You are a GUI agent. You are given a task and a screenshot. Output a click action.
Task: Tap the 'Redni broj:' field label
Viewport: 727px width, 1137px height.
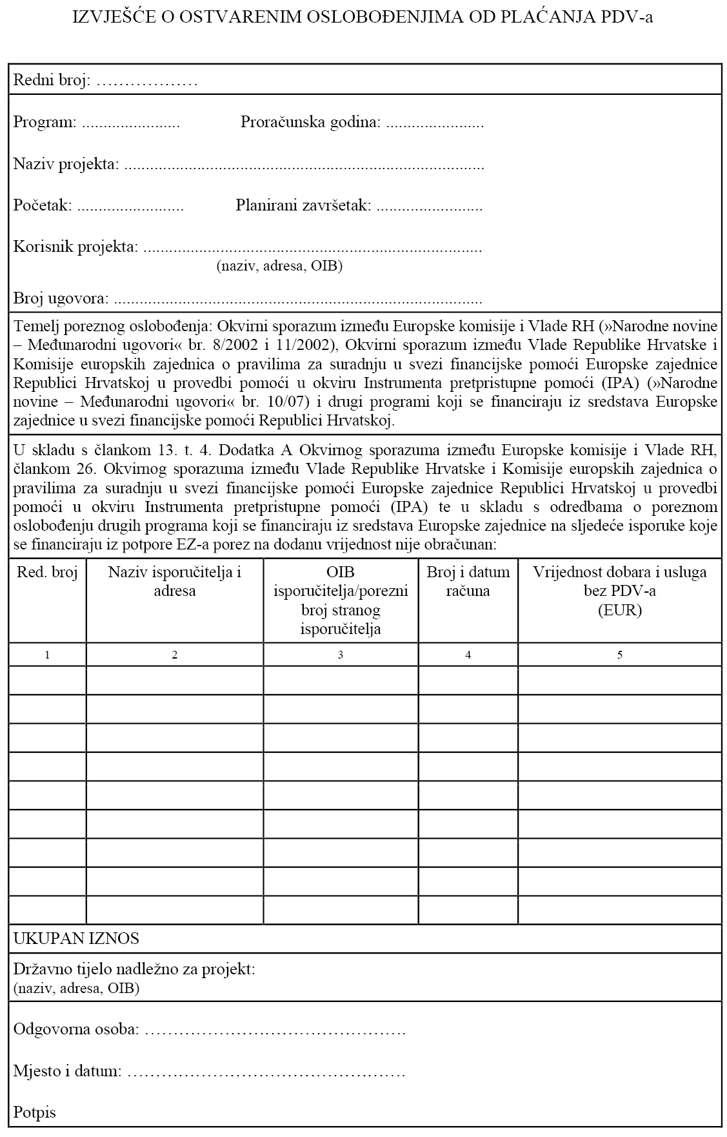(52, 81)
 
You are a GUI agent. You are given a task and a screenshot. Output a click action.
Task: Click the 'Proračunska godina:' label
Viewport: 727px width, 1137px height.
(310, 122)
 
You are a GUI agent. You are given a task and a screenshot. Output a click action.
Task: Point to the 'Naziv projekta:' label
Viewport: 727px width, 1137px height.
(66, 164)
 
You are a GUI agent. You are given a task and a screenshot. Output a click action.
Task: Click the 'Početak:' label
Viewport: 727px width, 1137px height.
(43, 206)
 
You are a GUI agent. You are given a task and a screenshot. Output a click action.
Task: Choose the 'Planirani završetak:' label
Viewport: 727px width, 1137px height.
(303, 206)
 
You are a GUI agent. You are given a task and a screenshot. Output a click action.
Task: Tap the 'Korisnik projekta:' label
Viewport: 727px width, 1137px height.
(75, 247)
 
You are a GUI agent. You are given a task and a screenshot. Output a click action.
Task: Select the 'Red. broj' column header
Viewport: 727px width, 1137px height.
(47, 572)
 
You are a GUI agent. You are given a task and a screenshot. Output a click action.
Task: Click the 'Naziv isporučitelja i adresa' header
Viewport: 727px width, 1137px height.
(174, 581)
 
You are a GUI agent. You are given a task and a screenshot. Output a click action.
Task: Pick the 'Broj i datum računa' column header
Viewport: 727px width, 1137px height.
(468, 581)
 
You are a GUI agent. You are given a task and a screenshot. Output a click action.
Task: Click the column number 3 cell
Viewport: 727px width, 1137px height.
(340, 655)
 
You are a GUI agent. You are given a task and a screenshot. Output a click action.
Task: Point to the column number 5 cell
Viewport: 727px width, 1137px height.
(619, 655)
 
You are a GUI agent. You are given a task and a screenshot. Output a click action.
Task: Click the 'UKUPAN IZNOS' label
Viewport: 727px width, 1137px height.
(76, 938)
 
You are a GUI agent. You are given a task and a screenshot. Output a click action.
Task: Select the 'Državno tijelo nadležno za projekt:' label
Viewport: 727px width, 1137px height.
(134, 969)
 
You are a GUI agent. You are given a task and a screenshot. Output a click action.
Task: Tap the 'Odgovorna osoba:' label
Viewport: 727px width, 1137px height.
(76, 1029)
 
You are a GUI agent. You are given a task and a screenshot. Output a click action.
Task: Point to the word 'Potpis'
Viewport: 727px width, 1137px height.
(35, 1112)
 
